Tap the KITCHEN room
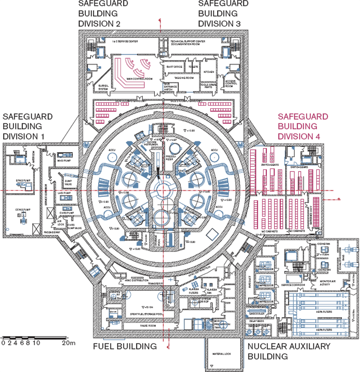tap(209, 72)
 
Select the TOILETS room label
tap(193, 67)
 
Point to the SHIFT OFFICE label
tap(174, 67)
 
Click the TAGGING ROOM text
tap(184, 78)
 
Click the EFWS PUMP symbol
tap(20, 186)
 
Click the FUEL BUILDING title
tap(125, 346)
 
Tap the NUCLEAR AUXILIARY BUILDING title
tap(289, 351)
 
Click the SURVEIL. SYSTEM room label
tap(104, 87)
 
